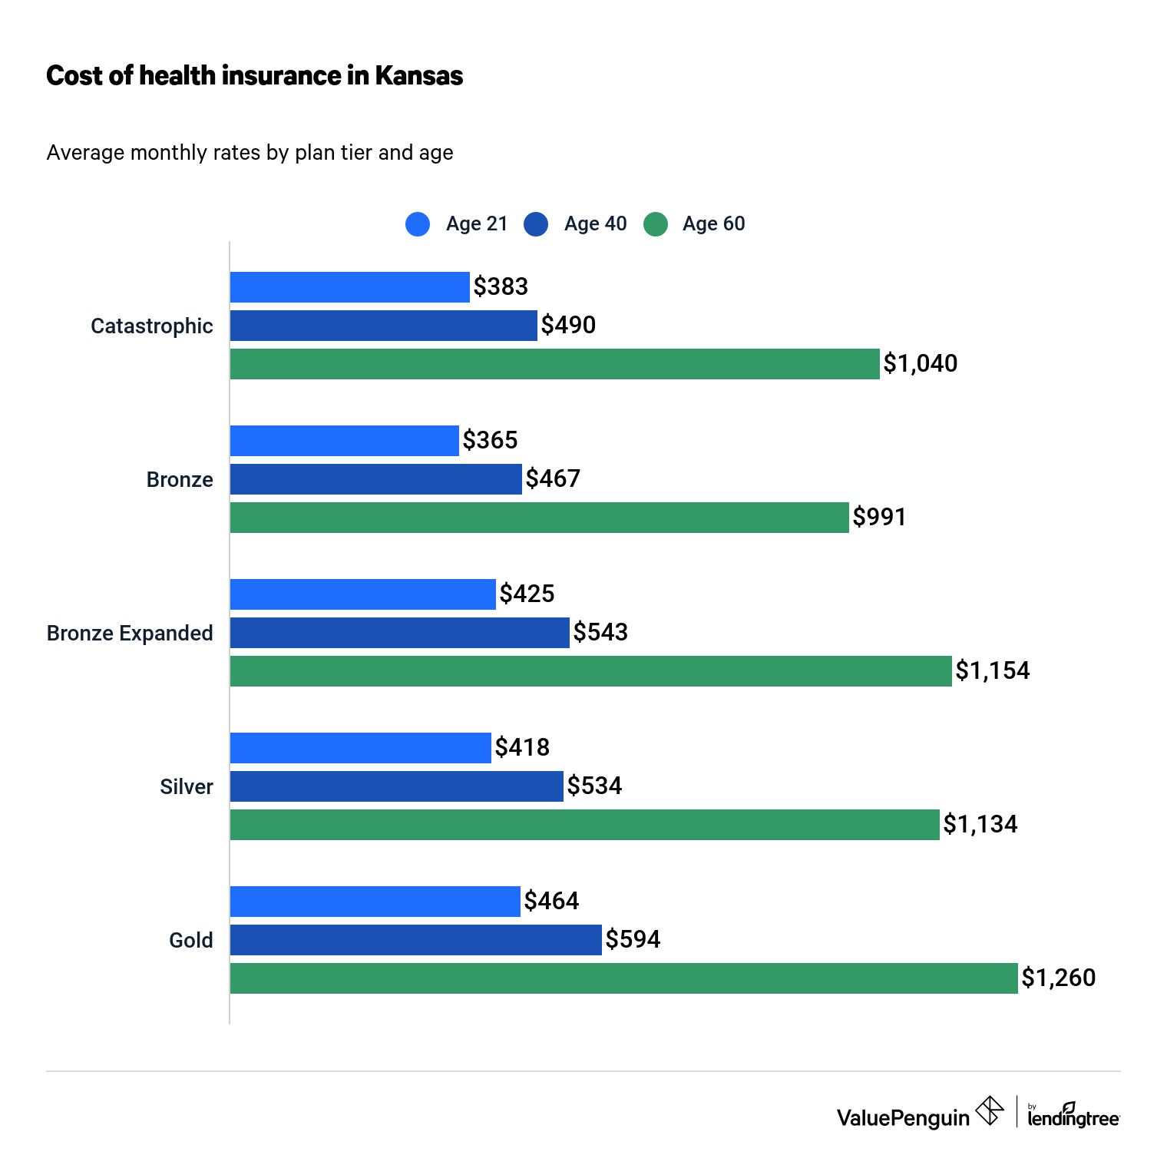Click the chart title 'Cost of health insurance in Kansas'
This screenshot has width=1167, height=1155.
(x=254, y=75)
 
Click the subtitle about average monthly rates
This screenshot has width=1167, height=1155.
(x=250, y=152)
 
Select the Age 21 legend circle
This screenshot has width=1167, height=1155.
(x=418, y=224)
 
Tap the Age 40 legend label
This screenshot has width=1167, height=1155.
(x=595, y=223)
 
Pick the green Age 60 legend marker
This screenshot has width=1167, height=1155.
(x=656, y=224)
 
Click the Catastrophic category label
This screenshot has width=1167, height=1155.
(x=151, y=326)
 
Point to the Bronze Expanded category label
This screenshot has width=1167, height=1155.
(x=130, y=633)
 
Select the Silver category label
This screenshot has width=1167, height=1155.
(x=186, y=786)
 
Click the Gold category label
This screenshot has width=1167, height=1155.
(x=190, y=940)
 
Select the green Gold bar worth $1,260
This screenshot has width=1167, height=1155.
(x=623, y=978)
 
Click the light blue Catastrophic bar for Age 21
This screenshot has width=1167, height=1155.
(x=349, y=287)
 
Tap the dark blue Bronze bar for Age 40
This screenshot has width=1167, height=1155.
(x=375, y=479)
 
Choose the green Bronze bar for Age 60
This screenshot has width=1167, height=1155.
(x=539, y=518)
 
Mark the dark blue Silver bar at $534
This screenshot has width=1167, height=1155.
(x=396, y=786)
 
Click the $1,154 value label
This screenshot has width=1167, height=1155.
(x=992, y=670)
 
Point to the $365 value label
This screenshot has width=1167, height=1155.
(x=490, y=440)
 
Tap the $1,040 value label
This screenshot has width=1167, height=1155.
(x=920, y=363)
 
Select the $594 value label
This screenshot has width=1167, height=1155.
(x=633, y=939)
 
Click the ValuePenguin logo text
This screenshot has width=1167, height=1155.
(x=903, y=1117)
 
